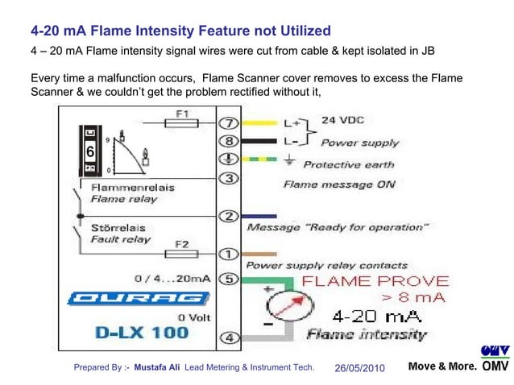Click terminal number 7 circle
coord(229,124)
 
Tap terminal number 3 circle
coord(229,178)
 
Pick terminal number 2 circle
coord(229,216)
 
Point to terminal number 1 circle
coord(229,255)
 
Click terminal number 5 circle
coord(229,279)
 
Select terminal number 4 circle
coord(229,337)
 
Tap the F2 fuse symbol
coord(182,254)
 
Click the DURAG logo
coord(139,299)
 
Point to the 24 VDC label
coord(342,120)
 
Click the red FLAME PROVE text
coord(375,281)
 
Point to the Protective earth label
coord(348,164)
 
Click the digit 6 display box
coord(90,152)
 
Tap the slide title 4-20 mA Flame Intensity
coord(180,31)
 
